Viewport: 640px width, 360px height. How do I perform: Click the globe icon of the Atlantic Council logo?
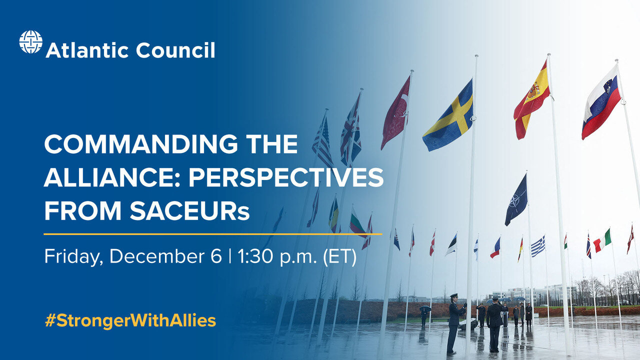[x=30, y=42]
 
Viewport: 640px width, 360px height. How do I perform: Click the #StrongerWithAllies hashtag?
[x=130, y=320]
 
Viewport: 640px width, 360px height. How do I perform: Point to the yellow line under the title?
[x=212, y=233]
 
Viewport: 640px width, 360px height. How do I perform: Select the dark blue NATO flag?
[x=516, y=200]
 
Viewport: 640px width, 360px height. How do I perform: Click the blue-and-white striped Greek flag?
[x=538, y=246]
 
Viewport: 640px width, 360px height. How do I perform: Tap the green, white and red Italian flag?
[x=602, y=240]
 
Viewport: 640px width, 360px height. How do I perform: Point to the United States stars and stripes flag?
[x=322, y=142]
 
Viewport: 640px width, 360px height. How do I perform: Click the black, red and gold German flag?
[x=520, y=249]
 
